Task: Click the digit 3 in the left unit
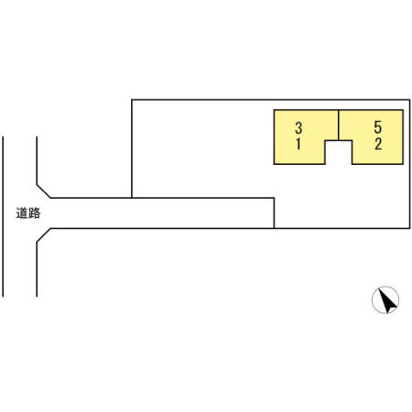tap(298, 127)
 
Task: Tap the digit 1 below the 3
tap(298, 144)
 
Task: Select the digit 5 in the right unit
tap(378, 127)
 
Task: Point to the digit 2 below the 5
tap(378, 144)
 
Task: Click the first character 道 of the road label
tap(22, 213)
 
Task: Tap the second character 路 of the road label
tap(35, 213)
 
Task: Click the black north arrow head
tap(387, 301)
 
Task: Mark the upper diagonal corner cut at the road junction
tap(43, 191)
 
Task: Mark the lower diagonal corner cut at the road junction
tap(43, 235)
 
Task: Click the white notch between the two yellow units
tap(339, 152)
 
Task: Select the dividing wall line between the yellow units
tap(339, 125)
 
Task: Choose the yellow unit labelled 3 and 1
tap(299, 136)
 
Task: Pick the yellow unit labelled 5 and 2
tap(377, 136)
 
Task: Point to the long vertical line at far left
tap(3, 216)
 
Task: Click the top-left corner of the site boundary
tap(132, 100)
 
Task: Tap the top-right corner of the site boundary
tap(409, 100)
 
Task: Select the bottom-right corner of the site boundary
tap(409, 228)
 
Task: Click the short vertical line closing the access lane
tap(274, 213)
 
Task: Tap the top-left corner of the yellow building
tap(274, 110)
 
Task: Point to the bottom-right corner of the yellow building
tap(403, 164)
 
